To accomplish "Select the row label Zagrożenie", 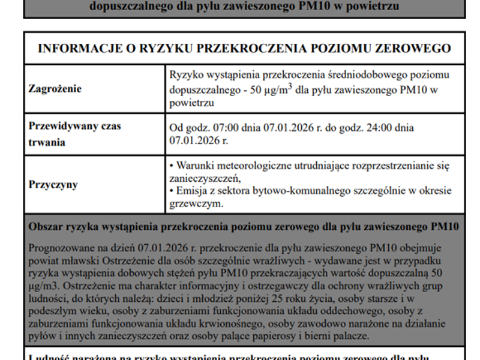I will pos(55,89).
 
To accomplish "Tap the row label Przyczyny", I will pos(53,184).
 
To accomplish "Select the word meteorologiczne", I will pos(265,166).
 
